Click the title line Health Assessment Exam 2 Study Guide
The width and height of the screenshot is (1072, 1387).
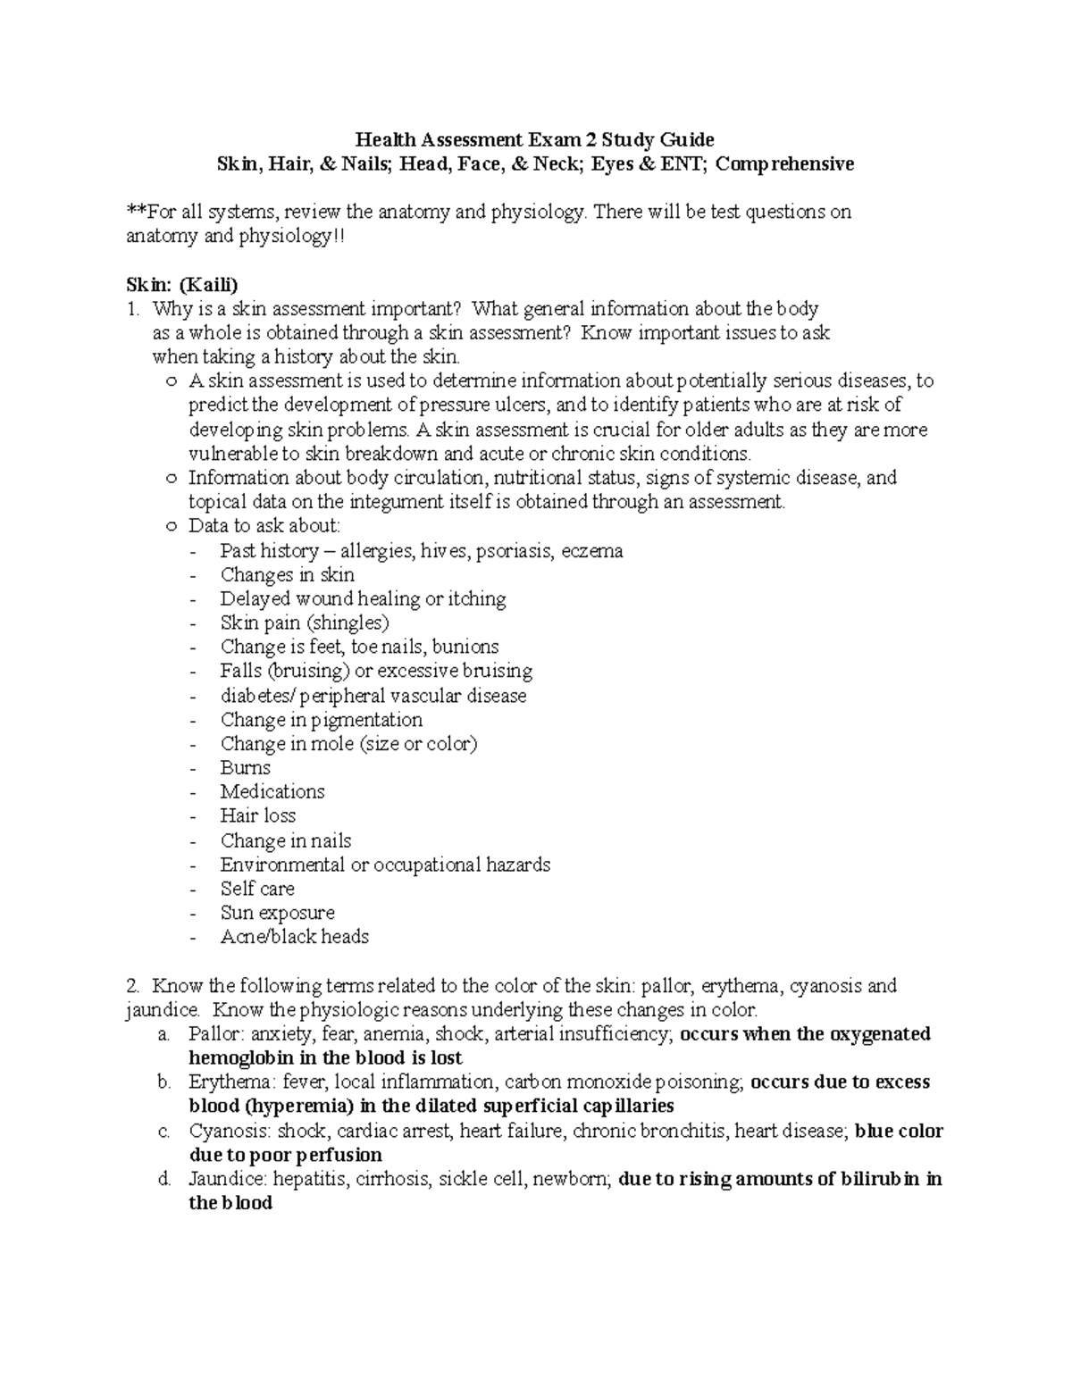[535, 139]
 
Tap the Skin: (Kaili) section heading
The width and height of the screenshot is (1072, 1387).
[182, 285]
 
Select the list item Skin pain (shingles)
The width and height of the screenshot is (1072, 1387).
[305, 622]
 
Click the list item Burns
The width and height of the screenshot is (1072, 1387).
[246, 767]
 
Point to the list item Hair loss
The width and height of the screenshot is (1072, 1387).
[258, 815]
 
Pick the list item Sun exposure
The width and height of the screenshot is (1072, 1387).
[278, 912]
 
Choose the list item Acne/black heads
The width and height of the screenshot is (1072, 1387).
[295, 936]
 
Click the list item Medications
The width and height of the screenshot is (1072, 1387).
[272, 791]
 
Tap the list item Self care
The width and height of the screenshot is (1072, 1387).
[257, 888]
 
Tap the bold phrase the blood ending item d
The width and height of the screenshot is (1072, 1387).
[230, 1202]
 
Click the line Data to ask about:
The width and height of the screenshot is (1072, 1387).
[264, 526]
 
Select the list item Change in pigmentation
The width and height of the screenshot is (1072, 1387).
[322, 719]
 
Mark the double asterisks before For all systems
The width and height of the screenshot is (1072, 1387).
[136, 212]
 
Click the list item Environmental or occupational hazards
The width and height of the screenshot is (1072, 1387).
[385, 864]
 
